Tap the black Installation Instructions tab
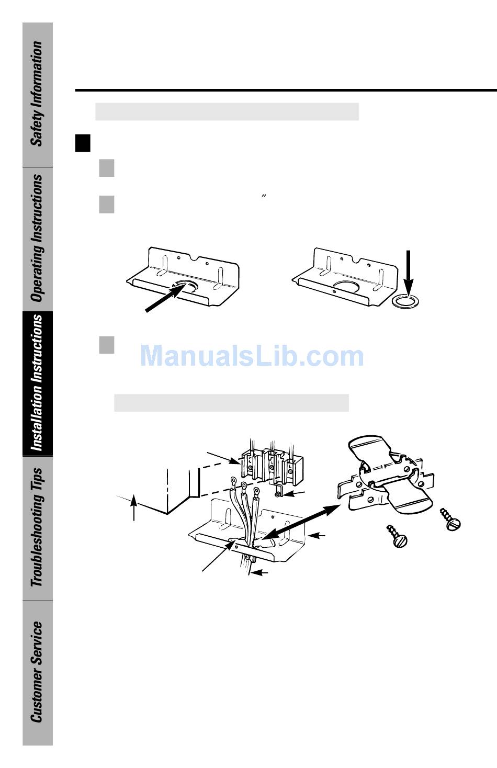tap(38, 383)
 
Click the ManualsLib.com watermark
tap(252, 356)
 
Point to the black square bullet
tap(83, 143)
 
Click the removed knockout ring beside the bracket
tap(405, 301)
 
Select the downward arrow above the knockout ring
tap(408, 272)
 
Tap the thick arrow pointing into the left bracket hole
tap(165, 298)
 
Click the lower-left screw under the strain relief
tap(397, 536)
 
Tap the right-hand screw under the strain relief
tap(450, 519)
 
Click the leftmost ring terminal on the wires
tap(234, 481)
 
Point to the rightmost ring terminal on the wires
tap(256, 491)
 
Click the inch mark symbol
tap(263, 197)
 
